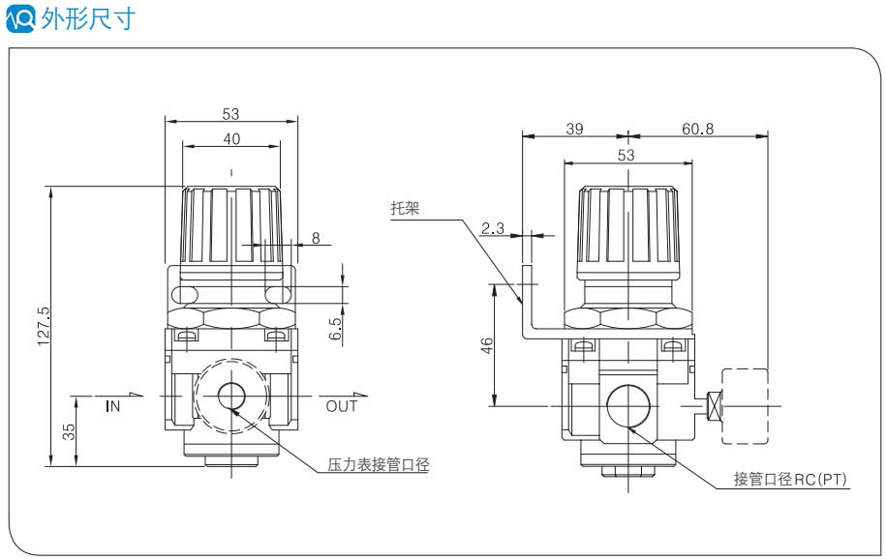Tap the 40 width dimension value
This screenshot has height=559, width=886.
click(231, 138)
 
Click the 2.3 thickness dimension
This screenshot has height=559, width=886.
click(492, 228)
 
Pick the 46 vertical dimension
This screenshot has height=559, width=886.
click(487, 345)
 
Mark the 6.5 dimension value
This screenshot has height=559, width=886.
click(335, 328)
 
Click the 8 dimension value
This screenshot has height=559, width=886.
click(316, 238)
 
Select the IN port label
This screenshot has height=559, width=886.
click(113, 406)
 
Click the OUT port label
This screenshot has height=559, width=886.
click(341, 406)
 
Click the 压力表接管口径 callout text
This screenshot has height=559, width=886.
click(377, 465)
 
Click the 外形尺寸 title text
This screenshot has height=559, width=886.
click(88, 17)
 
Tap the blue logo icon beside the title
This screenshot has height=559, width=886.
click(20, 17)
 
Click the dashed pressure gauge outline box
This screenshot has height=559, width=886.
click(746, 406)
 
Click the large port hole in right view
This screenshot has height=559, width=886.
click(626, 405)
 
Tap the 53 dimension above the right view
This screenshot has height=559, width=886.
click(626, 155)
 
